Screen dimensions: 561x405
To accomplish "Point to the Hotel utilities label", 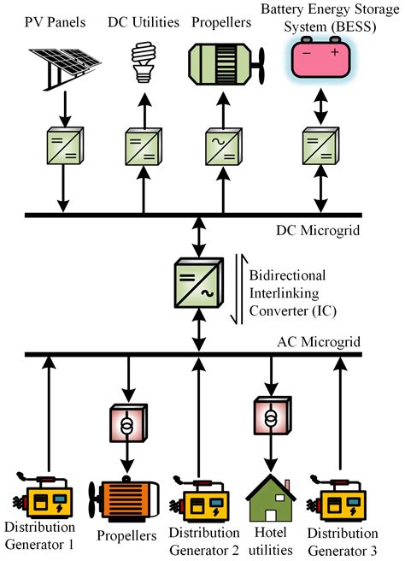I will click(271, 542).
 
